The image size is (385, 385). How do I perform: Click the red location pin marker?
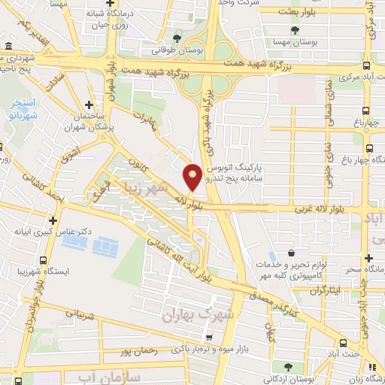[192, 177]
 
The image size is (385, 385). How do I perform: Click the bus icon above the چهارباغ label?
[368, 107]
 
